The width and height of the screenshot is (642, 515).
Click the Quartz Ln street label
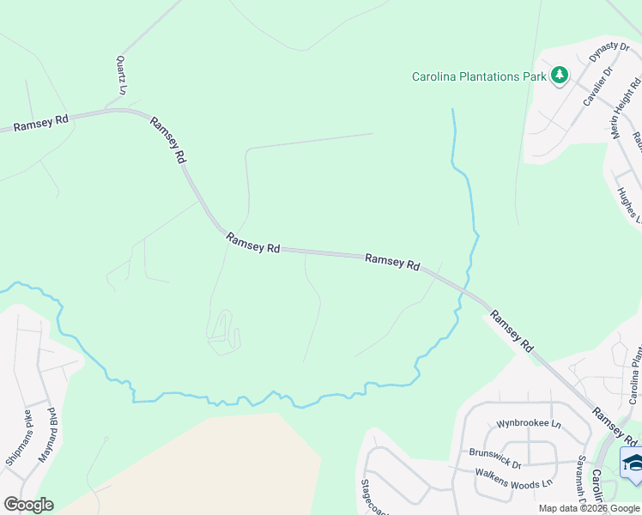[122, 76]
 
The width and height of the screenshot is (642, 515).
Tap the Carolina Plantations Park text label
[479, 76]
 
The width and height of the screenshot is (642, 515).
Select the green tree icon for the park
[560, 76]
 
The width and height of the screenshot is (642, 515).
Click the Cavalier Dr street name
[597, 87]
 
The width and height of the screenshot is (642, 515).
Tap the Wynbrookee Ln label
[528, 424]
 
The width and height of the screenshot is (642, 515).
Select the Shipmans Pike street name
[18, 438]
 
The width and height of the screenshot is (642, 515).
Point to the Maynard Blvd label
[45, 435]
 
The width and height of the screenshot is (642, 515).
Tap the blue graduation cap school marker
[633, 463]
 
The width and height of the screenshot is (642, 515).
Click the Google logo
[28, 505]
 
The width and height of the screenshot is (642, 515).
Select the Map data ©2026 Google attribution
[590, 508]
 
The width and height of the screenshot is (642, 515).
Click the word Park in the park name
[535, 76]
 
